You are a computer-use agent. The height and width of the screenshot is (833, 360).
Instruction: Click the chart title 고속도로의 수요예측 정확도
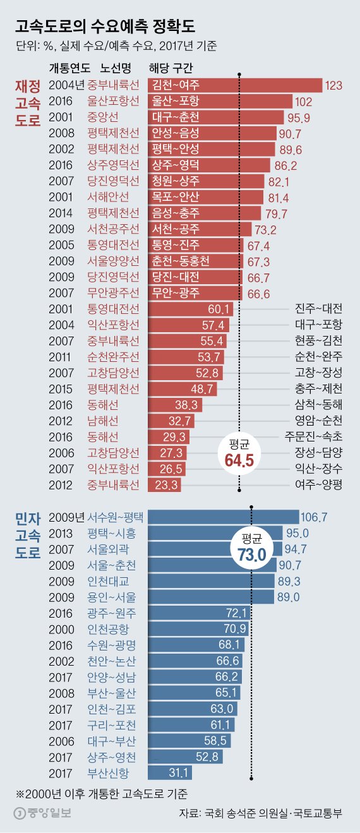(105, 27)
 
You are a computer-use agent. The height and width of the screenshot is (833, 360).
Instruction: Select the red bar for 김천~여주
(234, 85)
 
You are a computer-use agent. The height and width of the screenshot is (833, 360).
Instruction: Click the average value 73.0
(251, 554)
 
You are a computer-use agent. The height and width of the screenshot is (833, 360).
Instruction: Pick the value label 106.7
(315, 517)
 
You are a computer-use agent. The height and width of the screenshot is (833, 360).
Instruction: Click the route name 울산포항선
(114, 101)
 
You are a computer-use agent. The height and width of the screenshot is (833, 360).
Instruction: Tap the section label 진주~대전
(318, 309)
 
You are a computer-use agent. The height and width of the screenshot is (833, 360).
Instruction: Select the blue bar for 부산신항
(169, 772)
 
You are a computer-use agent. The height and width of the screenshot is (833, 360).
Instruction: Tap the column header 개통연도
(69, 68)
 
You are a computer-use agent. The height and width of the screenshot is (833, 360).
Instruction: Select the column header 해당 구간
(171, 68)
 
